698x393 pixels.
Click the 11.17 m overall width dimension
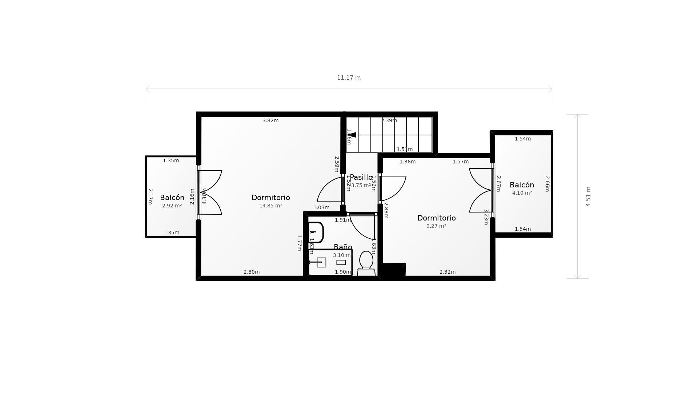coord(349,78)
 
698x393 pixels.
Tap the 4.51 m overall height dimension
coord(588,196)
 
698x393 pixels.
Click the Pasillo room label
coord(361,177)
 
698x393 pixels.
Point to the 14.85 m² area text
coord(270,206)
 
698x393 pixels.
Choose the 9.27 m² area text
coord(436,226)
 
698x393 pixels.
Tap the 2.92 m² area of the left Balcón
coord(172,206)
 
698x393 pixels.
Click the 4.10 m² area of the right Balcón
coord(522,193)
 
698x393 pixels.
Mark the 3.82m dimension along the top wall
coord(270,120)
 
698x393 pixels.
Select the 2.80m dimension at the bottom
coord(252,272)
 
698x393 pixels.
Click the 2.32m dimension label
coord(448,272)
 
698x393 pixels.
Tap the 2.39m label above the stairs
coord(389,120)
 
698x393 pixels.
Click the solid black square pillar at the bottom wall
coord(394,271)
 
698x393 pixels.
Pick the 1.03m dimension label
coord(321,207)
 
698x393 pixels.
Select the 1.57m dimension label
coord(461,162)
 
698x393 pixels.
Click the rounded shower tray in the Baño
coord(316,232)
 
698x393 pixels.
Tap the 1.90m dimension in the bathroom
coord(343,272)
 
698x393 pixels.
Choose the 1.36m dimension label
coord(408,162)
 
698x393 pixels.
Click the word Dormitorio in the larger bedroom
coord(270,198)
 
